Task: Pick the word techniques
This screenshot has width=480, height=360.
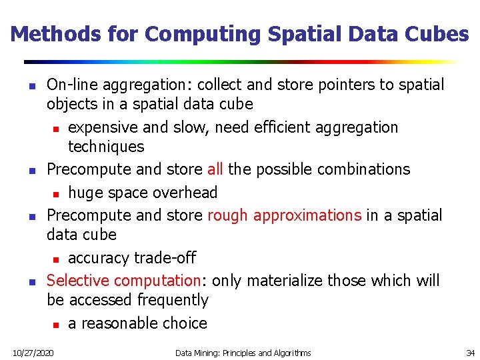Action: point(106,147)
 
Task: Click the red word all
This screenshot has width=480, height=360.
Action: point(215,169)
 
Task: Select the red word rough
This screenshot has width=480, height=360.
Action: point(228,215)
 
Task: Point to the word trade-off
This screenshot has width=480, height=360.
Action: point(165,258)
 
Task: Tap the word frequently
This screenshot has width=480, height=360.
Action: point(173,301)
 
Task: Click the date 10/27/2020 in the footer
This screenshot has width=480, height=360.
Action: point(33,352)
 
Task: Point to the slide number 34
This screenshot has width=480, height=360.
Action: point(470,352)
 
